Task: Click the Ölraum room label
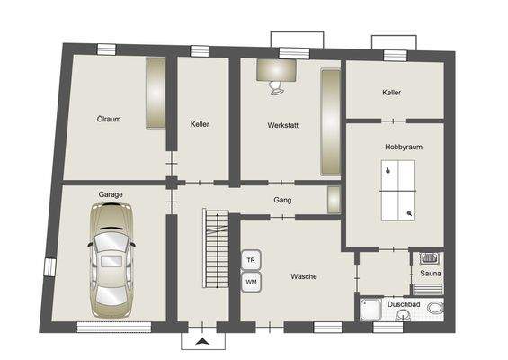tap(109, 118)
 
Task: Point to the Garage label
tap(111, 194)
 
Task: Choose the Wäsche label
tap(301, 277)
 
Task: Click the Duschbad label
tap(402, 304)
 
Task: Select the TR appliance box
tap(252, 260)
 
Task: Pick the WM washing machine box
tap(252, 282)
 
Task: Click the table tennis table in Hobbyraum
tap(396, 190)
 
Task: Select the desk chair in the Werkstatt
tap(275, 85)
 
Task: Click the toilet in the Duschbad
tap(435, 309)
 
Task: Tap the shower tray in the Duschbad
tap(371, 310)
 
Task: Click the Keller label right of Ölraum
tap(200, 124)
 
